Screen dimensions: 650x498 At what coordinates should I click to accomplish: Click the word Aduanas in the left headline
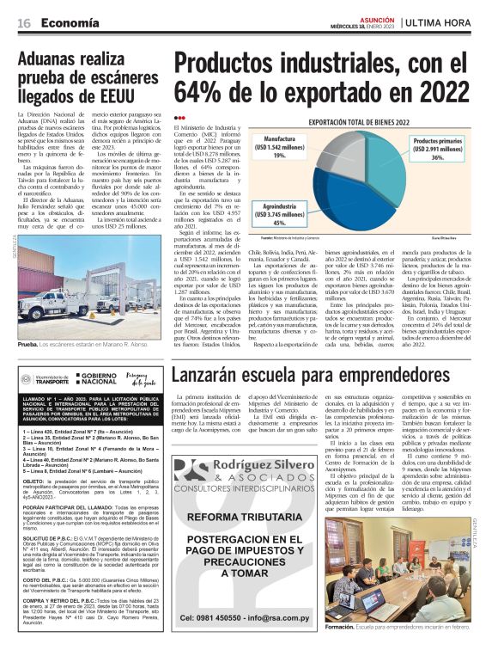[x=55, y=61]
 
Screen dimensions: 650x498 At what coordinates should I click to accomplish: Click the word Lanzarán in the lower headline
[x=216, y=376]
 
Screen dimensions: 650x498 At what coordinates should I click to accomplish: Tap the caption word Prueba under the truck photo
[x=27, y=342]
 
